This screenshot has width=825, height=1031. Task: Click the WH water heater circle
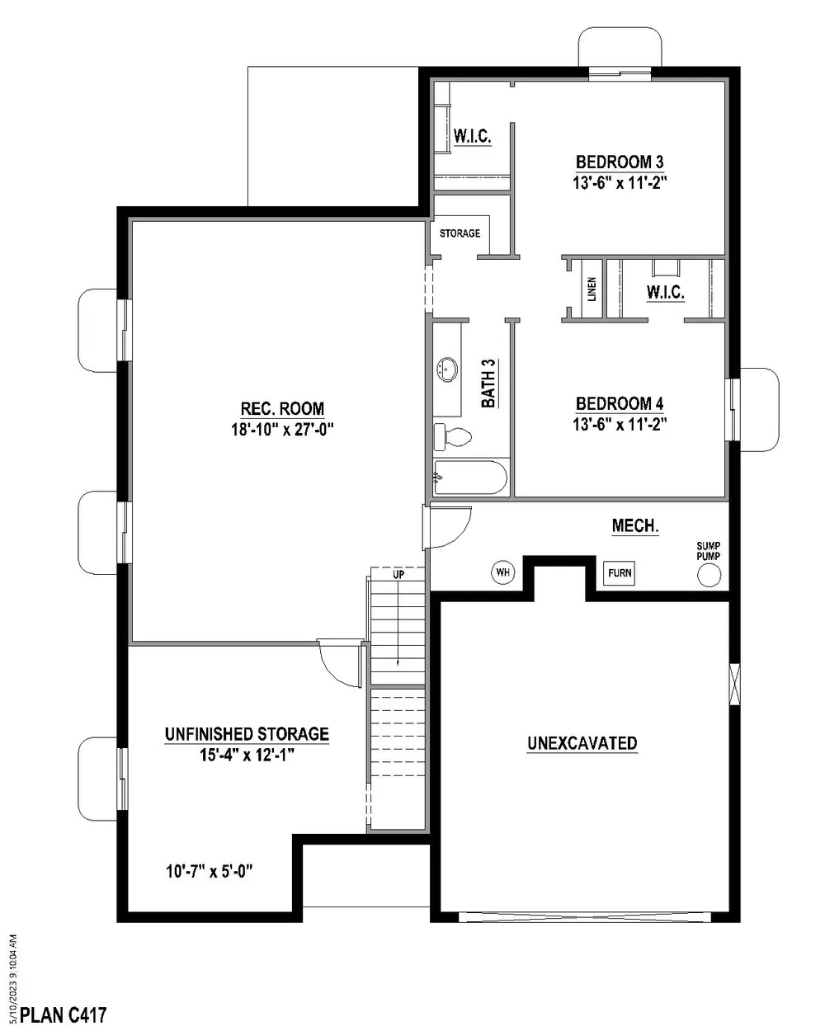[503, 572]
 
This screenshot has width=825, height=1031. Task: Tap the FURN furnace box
[620, 573]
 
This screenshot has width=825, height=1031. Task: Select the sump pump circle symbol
[709, 575]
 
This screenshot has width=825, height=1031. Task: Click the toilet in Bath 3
[452, 436]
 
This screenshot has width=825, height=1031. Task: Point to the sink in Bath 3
[447, 370]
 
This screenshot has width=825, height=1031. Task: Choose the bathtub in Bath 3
[470, 478]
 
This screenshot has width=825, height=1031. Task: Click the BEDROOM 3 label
[620, 162]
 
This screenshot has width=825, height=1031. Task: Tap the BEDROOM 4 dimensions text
[620, 425]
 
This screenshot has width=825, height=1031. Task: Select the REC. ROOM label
[282, 408]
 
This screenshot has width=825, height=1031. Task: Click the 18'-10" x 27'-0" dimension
[282, 430]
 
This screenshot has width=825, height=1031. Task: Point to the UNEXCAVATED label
[582, 743]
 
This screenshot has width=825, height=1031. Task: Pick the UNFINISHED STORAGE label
[247, 734]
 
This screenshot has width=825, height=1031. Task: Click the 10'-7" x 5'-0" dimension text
[210, 872]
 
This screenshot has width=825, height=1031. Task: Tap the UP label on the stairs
[398, 574]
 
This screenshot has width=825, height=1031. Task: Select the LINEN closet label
[592, 289]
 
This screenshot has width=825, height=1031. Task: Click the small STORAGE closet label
[460, 233]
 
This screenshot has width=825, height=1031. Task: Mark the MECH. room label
[635, 526]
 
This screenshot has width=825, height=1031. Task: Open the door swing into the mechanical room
[449, 526]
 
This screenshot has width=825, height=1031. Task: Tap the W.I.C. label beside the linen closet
[666, 292]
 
